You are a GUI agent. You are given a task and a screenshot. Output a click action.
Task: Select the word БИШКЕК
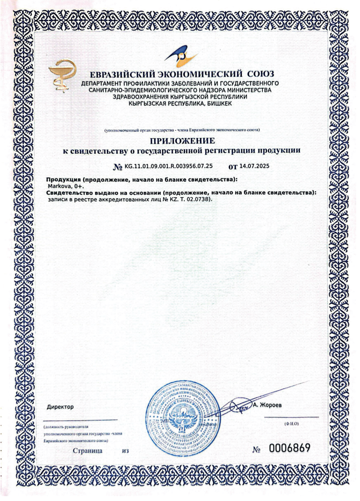pyautogui.click(x=217, y=104)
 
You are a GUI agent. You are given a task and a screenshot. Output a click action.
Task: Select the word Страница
pyautogui.click(x=88, y=450)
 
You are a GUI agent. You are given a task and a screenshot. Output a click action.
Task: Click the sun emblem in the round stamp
pyautogui.click(x=181, y=415)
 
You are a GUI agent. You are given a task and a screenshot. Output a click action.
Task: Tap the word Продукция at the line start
pyautogui.click(x=64, y=179)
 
